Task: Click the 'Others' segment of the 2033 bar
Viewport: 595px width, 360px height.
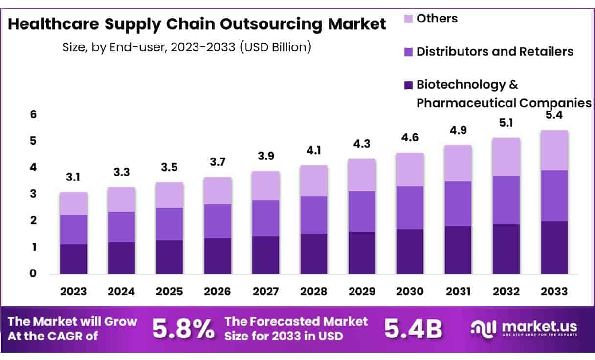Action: [554, 150]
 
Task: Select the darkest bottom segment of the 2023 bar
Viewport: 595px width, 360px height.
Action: [73, 259]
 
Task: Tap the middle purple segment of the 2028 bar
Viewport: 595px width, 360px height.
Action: [314, 215]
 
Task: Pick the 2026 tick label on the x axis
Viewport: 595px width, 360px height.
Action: [218, 292]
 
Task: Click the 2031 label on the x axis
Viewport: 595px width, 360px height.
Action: [458, 292]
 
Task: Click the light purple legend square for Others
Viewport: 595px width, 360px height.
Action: [408, 19]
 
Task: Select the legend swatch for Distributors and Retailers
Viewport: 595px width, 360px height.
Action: [408, 52]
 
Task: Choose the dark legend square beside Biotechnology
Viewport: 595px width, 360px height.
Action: [408, 85]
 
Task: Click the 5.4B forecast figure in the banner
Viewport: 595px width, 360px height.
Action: [413, 329]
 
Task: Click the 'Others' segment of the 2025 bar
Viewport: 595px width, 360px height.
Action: [170, 195]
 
